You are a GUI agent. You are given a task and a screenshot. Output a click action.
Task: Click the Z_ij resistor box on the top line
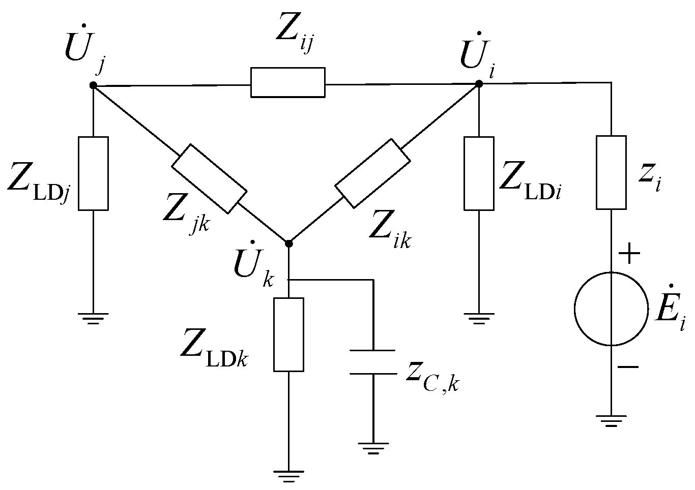[x=287, y=82]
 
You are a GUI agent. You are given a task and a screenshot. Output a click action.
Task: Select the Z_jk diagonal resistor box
[x=209, y=178]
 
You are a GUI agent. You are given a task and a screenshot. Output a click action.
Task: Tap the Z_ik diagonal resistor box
[x=372, y=173]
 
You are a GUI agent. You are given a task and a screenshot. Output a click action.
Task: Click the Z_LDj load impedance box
[x=94, y=173]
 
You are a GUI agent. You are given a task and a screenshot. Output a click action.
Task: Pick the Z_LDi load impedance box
[x=479, y=173]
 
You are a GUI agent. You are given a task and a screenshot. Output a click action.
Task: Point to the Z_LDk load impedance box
[x=288, y=334]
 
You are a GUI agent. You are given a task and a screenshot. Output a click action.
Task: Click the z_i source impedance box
[x=611, y=172]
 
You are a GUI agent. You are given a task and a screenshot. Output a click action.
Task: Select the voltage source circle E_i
[x=611, y=309]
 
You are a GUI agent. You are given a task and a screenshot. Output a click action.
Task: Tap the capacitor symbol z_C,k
[x=373, y=362]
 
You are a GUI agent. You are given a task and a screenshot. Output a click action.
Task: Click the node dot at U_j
[x=93, y=85]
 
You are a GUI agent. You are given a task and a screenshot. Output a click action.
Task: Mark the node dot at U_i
[x=479, y=83]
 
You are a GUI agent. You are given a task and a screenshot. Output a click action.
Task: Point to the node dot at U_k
[x=288, y=243]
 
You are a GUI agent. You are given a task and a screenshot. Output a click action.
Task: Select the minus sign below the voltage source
[x=629, y=366]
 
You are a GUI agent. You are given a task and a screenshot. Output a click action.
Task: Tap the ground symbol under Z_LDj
[x=94, y=318]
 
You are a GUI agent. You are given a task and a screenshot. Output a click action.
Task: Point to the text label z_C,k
[x=432, y=376]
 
